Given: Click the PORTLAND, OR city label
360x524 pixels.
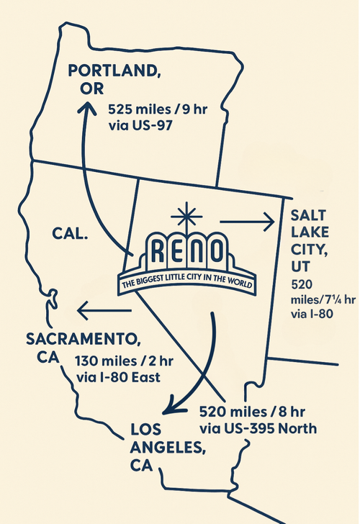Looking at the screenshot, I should pyautogui.click(x=114, y=78).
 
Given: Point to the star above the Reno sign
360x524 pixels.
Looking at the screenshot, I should pyautogui.click(x=187, y=215).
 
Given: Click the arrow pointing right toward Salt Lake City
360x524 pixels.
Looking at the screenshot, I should pyautogui.click(x=247, y=222).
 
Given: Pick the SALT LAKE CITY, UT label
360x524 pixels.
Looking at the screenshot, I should pyautogui.click(x=310, y=242).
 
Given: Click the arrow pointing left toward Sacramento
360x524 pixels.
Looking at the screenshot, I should pyautogui.click(x=105, y=310).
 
